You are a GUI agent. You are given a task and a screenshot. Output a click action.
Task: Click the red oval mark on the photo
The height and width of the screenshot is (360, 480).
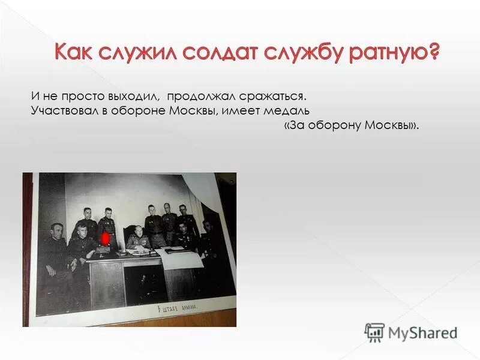(104, 239)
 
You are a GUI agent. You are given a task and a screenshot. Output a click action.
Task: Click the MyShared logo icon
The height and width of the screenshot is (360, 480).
(374, 332)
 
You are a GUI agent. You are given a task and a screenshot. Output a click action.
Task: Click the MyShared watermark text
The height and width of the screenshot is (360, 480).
(422, 333)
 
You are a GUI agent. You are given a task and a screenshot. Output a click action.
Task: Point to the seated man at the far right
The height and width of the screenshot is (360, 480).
(208, 240)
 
